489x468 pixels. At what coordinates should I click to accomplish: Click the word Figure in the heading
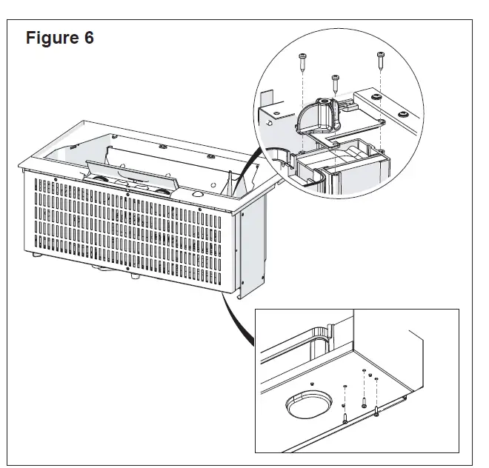tap(53, 39)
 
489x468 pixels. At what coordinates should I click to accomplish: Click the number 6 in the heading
tap(88, 39)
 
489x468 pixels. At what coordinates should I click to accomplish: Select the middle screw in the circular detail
tap(336, 80)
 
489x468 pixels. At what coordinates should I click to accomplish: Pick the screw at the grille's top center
tap(129, 191)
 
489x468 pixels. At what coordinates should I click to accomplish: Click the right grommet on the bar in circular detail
tap(402, 113)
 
